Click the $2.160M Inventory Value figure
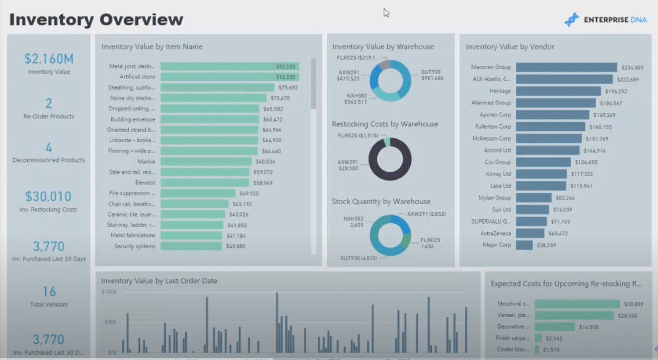click(x=49, y=59)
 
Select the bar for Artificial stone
click(x=229, y=77)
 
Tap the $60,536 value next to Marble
click(x=265, y=162)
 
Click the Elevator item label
click(x=145, y=182)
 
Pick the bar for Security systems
click(x=191, y=246)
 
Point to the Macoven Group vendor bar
click(x=566, y=67)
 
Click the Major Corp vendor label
click(x=497, y=245)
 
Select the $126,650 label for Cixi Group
click(x=586, y=162)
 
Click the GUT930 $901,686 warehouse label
click(x=432, y=75)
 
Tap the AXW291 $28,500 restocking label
click(x=348, y=165)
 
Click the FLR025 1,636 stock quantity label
click(x=430, y=243)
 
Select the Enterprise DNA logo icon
click(x=571, y=19)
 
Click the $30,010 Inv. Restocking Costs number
click(x=48, y=196)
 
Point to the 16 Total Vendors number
click(x=49, y=292)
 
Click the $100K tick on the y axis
click(x=109, y=292)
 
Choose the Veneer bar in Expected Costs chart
click(x=574, y=316)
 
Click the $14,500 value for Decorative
click(x=588, y=327)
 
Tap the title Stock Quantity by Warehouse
click(x=381, y=201)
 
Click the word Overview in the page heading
click(x=141, y=19)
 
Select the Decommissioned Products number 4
click(x=49, y=147)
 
